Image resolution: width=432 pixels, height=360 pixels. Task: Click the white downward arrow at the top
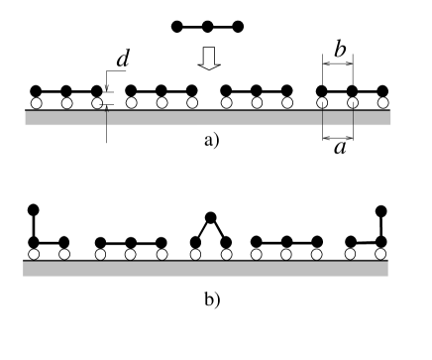[208, 60]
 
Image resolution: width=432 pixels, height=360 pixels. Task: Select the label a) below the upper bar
[211, 141]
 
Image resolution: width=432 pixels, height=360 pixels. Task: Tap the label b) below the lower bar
[211, 300]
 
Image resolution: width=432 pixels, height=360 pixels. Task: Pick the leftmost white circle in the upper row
[36, 103]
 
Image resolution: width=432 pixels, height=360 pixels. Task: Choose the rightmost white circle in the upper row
[382, 103]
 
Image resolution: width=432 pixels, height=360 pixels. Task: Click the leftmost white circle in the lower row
[35, 254]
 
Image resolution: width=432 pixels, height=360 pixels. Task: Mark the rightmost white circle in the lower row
[377, 254]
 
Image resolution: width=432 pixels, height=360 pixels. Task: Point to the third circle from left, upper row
[97, 103]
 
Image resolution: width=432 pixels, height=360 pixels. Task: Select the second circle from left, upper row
[66, 103]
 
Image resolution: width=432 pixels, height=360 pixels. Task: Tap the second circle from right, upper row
[352, 103]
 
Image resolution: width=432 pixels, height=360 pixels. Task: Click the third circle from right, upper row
[322, 103]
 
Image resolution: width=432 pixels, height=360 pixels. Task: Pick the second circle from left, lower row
[64, 254]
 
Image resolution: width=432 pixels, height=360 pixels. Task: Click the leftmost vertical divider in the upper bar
[106, 118]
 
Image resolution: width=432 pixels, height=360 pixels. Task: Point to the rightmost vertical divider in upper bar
[353, 118]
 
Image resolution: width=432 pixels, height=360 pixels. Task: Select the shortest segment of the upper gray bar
[338, 118]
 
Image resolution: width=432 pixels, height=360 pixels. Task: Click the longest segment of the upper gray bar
[214, 118]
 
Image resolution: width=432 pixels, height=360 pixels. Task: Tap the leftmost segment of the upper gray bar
[65, 118]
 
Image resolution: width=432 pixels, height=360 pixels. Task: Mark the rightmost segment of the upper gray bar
[372, 118]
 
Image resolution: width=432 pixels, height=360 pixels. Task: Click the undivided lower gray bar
[205, 269]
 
